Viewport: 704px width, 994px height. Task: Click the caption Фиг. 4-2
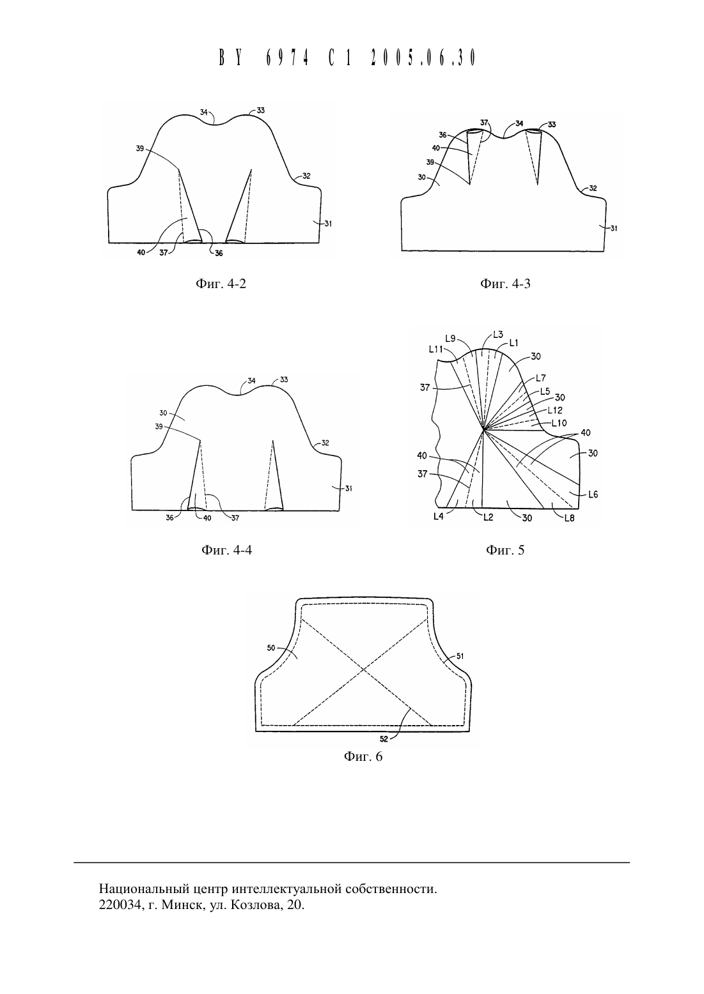coord(221,284)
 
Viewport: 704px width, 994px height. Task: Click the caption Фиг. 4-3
coord(505,284)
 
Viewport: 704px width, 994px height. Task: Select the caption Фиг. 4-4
coord(226,550)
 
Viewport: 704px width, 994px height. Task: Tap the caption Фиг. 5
coord(505,550)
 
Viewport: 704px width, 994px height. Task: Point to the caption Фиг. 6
coord(363,756)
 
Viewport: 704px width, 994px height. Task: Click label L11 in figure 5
coord(435,349)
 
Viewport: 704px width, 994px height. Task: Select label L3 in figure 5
coord(498,335)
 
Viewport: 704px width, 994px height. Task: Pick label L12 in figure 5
coord(555,411)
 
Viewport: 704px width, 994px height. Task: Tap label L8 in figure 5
coord(570,518)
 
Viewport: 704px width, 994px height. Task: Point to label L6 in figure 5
coord(593,494)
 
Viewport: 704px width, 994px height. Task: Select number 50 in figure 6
coord(271,648)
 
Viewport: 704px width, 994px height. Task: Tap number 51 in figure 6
coord(460,656)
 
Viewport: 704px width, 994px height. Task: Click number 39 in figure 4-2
coord(140,149)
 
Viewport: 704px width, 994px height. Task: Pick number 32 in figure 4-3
coord(593,188)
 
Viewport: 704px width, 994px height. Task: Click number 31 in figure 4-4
coord(348,489)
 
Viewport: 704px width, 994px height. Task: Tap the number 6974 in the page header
coord(287,57)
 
